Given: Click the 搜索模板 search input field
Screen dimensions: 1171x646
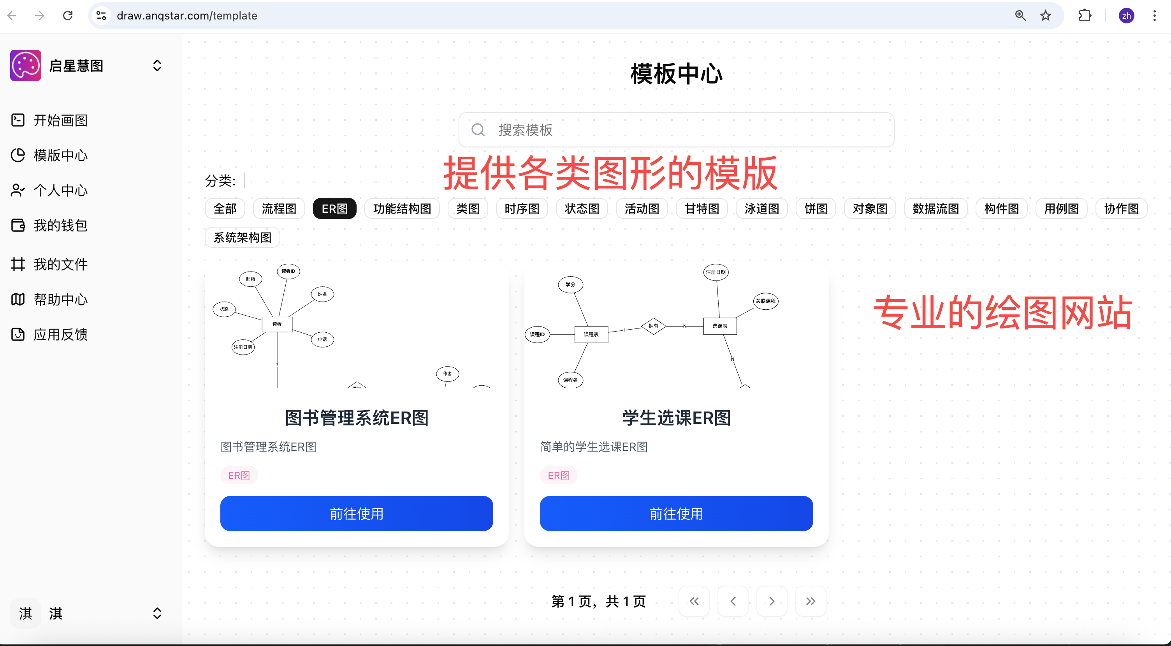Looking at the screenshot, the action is point(682,130).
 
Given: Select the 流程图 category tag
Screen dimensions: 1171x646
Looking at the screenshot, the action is point(279,209).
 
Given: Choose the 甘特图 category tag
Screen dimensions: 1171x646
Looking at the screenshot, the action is point(702,209).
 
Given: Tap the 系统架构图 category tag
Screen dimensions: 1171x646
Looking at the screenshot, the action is point(242,237).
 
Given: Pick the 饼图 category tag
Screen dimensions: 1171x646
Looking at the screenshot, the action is point(816,209).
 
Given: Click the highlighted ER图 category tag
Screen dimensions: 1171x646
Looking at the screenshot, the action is point(334,209).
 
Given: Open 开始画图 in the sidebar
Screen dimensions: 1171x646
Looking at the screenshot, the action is point(60,120).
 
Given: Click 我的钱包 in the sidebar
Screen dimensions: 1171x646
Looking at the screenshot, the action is point(60,226).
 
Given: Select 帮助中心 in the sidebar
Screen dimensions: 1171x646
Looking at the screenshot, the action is point(60,300).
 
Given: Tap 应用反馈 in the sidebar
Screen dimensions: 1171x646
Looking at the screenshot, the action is point(60,335).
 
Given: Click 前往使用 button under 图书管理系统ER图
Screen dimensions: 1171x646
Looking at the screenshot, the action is point(356,514).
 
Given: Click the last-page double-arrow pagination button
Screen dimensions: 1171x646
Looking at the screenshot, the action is point(811,602).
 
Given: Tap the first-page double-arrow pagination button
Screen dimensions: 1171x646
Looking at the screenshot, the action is point(694,602).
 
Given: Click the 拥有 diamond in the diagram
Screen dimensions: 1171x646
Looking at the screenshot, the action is point(653,326).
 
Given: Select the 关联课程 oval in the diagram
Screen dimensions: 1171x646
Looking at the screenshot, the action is point(765,301).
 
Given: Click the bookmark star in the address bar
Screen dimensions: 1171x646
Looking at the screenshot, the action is point(1046,16).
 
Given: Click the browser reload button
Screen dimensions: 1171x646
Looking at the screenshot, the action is point(68,16).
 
